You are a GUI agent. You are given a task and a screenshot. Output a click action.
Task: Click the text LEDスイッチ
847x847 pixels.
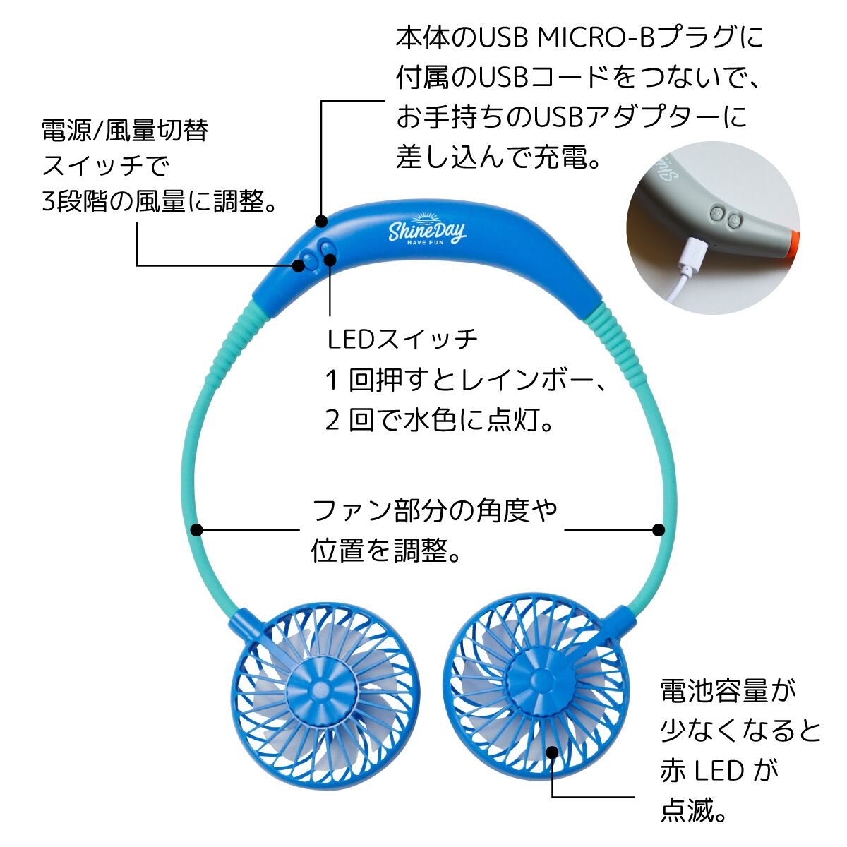403,340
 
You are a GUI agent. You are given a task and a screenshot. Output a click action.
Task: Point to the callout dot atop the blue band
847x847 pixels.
322,222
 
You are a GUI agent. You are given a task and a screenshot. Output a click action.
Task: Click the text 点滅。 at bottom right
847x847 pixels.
694,810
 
